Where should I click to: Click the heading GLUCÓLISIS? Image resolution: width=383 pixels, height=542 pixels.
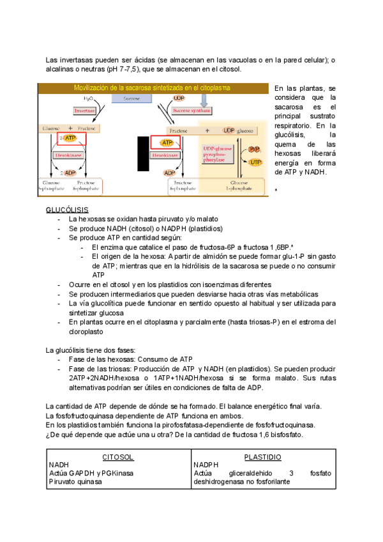[x=67, y=210]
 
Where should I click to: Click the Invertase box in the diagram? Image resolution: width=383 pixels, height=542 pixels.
[x=84, y=111]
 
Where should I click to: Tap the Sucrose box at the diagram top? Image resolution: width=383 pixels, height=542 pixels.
[x=131, y=99]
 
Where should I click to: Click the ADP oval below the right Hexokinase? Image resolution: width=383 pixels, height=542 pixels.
[x=169, y=173]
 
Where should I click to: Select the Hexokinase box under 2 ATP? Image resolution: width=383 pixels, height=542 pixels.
[x=67, y=154]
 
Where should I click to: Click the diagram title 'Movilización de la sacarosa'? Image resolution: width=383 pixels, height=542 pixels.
[x=152, y=88]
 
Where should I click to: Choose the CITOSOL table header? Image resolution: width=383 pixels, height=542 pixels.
[x=118, y=457]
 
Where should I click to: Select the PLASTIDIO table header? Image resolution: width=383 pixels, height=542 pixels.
[x=262, y=457]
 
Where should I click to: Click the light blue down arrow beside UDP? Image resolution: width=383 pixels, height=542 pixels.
[x=204, y=99]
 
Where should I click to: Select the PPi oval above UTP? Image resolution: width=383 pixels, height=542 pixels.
[x=255, y=149]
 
